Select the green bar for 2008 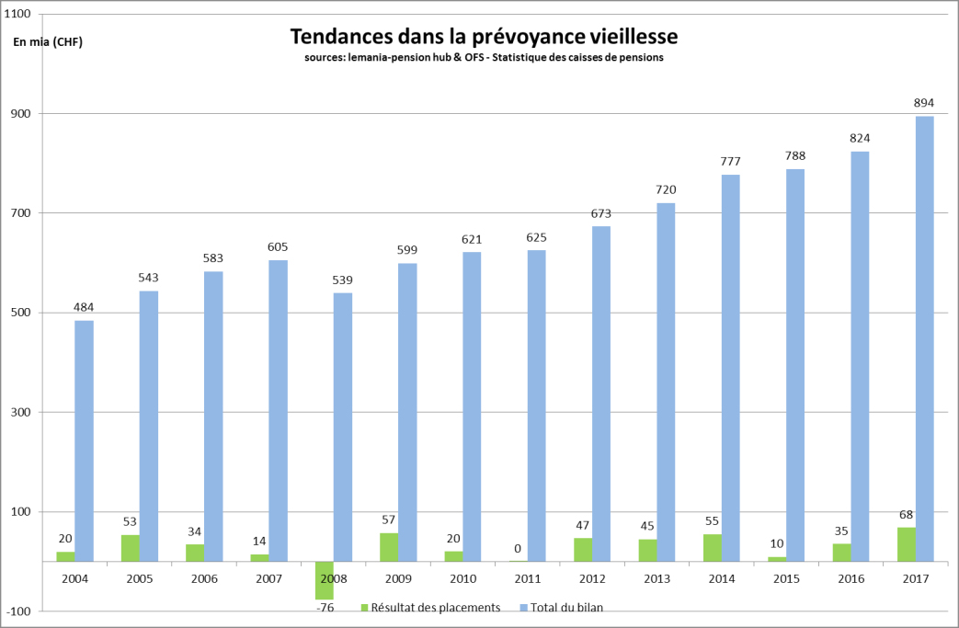pos(324,580)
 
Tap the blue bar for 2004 pos(84,440)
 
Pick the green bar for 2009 pos(388,547)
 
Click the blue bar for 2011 pos(537,405)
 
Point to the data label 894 pos(924,103)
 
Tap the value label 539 pos(342,280)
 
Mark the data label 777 pos(730,162)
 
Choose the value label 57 pos(388,520)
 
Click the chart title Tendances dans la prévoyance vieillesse pos(484,37)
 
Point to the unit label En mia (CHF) pos(47,41)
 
